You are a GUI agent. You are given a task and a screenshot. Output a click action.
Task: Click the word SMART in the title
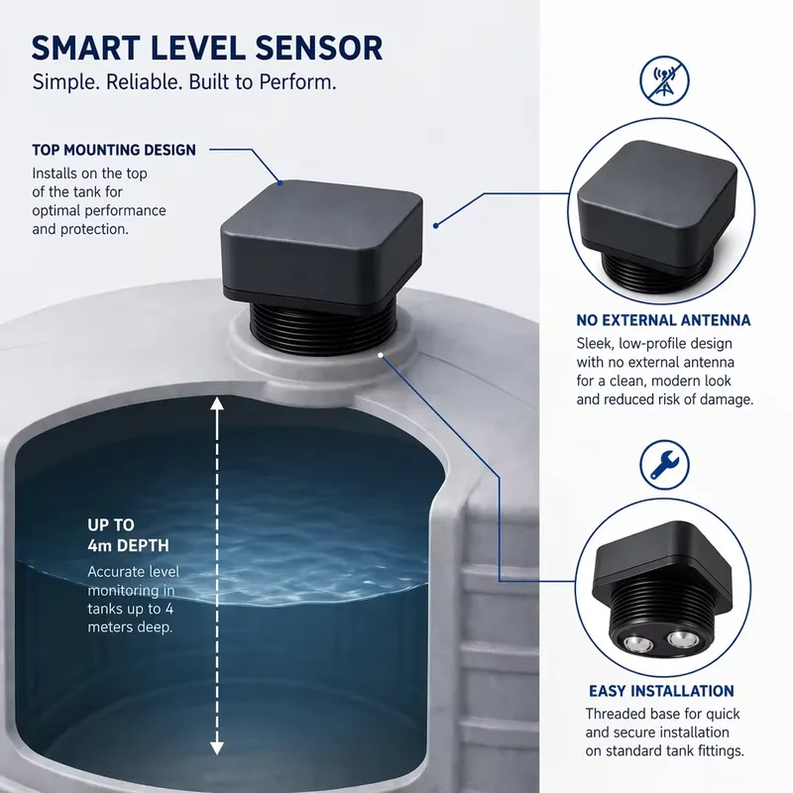tap(85, 49)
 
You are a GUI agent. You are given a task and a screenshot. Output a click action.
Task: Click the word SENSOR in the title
tap(318, 49)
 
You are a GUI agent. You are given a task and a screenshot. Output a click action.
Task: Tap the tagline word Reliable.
tap(144, 82)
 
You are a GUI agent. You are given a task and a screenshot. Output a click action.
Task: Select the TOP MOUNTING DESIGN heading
tap(114, 150)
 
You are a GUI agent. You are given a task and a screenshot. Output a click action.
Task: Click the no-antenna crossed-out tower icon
tap(664, 81)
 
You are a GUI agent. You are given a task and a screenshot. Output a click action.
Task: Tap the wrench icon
tap(664, 465)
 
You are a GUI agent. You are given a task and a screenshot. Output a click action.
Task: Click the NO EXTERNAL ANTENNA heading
tap(663, 320)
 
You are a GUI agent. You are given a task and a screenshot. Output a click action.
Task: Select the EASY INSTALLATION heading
tap(661, 691)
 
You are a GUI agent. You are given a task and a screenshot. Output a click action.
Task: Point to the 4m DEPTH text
tap(128, 546)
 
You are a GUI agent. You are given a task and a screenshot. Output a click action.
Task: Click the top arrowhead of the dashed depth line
tap(217, 403)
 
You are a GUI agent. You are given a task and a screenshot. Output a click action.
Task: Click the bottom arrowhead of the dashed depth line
tap(217, 748)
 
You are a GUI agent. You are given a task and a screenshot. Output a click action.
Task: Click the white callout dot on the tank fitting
tap(381, 355)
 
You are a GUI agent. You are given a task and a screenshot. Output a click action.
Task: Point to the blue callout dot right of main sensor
tap(435, 226)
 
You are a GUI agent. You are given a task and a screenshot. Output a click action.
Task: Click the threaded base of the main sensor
tap(324, 328)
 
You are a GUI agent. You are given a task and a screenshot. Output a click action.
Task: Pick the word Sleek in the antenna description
tap(594, 343)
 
